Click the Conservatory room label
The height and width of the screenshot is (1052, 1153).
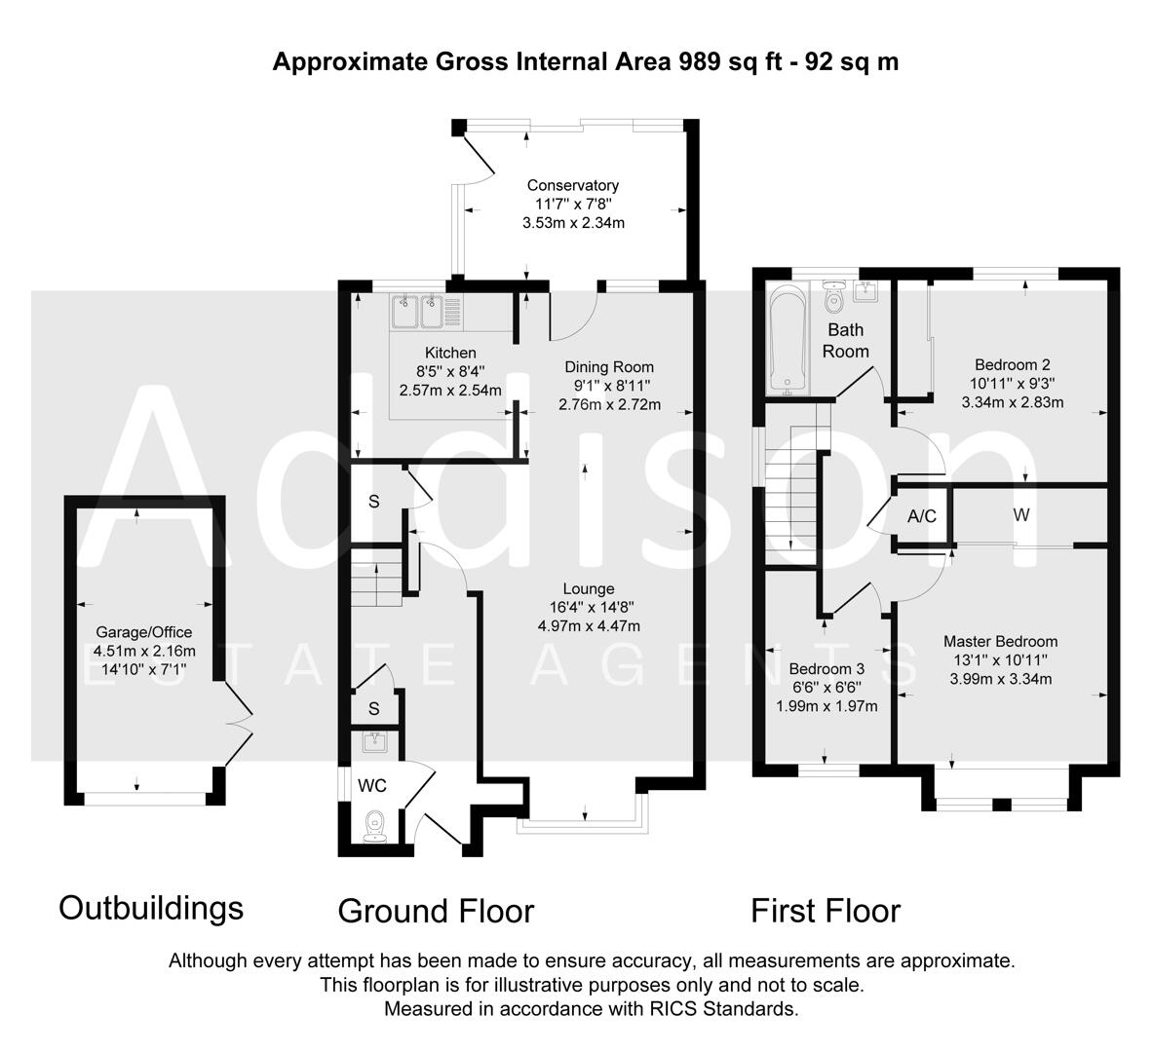(573, 185)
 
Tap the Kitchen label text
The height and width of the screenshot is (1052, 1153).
(450, 353)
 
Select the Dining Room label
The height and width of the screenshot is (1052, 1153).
(609, 367)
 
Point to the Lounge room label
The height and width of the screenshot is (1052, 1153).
(588, 588)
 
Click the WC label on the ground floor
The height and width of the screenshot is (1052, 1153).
(371, 785)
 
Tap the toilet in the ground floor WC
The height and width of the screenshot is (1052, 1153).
(375, 826)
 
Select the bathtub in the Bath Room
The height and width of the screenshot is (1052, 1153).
(788, 339)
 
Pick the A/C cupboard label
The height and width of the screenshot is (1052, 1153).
(921, 516)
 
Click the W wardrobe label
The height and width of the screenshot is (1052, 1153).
(1020, 514)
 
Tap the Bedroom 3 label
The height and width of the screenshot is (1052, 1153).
(826, 669)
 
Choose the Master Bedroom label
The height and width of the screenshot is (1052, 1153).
(1000, 641)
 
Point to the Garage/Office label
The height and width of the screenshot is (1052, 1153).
(144, 632)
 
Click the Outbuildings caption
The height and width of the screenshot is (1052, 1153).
(151, 908)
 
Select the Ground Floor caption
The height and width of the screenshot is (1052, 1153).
(436, 912)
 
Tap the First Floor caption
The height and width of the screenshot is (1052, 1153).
(825, 912)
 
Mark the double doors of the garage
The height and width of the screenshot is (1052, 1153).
(237, 723)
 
